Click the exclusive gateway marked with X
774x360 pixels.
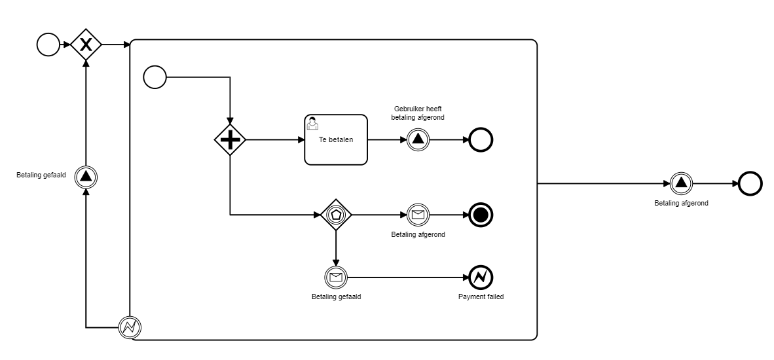click(x=86, y=45)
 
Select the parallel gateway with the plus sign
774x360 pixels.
click(x=230, y=139)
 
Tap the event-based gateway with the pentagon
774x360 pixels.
click(x=336, y=214)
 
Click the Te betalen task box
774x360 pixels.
click(x=336, y=140)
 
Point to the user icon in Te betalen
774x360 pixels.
click(x=312, y=122)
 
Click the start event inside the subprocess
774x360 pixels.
click(x=155, y=77)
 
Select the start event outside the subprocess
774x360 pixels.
click(x=48, y=45)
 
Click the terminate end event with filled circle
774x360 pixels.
click(x=481, y=214)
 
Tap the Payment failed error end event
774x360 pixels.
click(x=481, y=277)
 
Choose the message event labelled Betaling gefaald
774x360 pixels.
click(x=336, y=277)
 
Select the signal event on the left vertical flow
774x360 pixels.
click(x=86, y=175)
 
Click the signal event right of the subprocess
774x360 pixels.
click(x=681, y=183)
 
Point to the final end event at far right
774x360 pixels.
click(x=750, y=183)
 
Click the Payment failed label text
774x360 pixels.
click(x=481, y=297)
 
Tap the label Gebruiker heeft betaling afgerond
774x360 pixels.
click(x=418, y=113)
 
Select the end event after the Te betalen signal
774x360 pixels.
click(x=481, y=140)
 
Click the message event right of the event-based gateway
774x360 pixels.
click(x=417, y=214)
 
